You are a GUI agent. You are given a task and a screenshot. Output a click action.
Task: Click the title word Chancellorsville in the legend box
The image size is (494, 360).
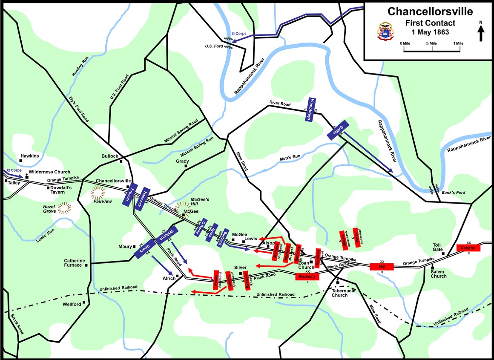(x=429, y=11)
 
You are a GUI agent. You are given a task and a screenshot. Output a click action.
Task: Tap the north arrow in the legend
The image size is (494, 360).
(x=481, y=33)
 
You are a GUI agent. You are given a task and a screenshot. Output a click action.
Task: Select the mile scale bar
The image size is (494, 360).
(x=432, y=50)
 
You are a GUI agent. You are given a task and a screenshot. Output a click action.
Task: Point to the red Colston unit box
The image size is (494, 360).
(x=468, y=248)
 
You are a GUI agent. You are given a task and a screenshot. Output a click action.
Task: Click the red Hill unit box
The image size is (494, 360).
(x=382, y=266)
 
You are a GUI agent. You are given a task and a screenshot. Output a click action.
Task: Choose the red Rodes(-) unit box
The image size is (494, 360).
(x=307, y=276)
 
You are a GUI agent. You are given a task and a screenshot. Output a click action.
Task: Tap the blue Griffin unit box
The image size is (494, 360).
(x=338, y=129)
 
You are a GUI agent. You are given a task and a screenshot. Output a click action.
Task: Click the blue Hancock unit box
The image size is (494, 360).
(x=143, y=199)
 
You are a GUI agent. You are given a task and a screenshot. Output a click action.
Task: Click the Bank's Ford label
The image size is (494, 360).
(x=453, y=193)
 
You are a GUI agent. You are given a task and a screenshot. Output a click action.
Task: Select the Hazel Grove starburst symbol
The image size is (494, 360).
(x=65, y=208)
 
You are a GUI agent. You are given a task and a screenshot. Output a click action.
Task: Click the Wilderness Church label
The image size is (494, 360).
(x=49, y=172)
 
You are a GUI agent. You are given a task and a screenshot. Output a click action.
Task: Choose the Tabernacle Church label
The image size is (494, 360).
(x=339, y=293)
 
